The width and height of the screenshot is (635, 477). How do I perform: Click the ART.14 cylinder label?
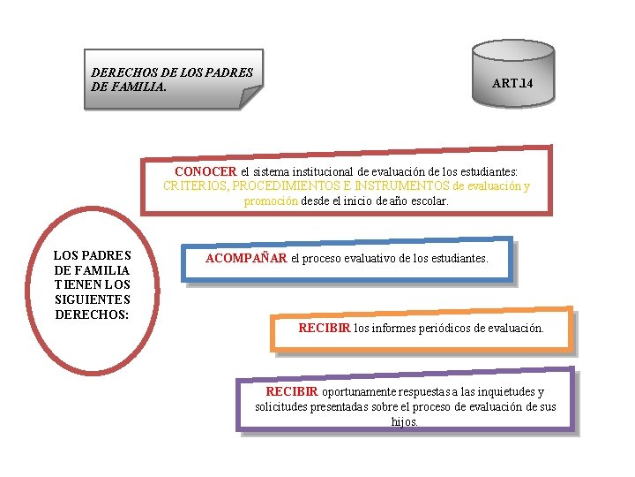pyautogui.click(x=512, y=84)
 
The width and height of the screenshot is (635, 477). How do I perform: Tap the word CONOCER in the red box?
pyautogui.click(x=205, y=171)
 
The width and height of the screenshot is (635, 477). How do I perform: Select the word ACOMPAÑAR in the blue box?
pyautogui.click(x=246, y=259)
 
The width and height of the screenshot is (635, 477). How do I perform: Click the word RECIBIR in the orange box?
pyautogui.click(x=324, y=328)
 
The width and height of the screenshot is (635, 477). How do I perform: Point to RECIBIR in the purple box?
pyautogui.click(x=292, y=391)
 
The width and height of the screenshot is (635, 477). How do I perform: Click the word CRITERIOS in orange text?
pyautogui.click(x=195, y=185)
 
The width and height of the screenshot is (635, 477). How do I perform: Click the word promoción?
pyautogui.click(x=271, y=201)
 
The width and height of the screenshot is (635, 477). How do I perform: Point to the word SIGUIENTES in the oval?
pyautogui.click(x=93, y=300)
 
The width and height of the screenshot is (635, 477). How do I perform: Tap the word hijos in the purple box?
pyautogui.click(x=405, y=421)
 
